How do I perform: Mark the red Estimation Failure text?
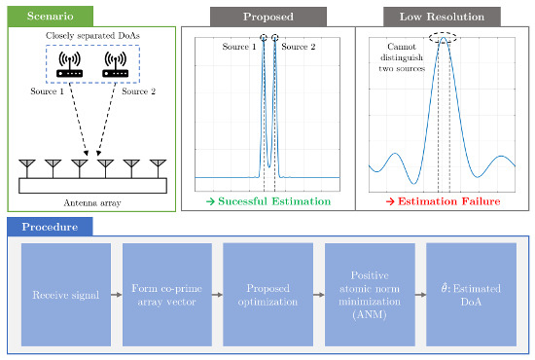(442, 200)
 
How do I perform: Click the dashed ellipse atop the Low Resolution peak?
(444, 39)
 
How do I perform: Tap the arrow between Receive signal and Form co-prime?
(116, 289)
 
